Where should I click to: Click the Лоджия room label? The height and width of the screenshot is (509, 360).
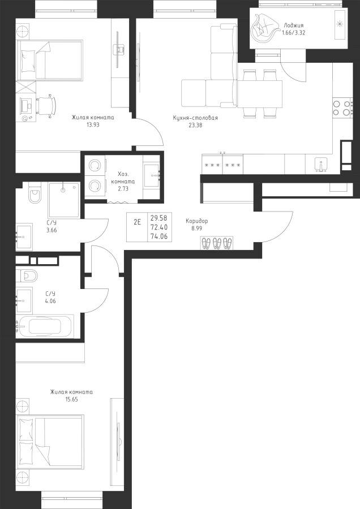pyautogui.click(x=293, y=25)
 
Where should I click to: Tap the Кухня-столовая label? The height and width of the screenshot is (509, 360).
pyautogui.click(x=195, y=118)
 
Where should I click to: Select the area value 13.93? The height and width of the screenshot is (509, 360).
pyautogui.click(x=93, y=124)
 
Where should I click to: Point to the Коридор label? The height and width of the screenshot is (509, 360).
pyautogui.click(x=196, y=221)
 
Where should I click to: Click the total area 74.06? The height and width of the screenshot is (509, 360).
pyautogui.click(x=159, y=236)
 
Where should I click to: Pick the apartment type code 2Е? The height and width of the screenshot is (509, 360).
pyautogui.click(x=138, y=222)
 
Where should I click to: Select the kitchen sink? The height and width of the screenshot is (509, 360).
pyautogui.click(x=321, y=164)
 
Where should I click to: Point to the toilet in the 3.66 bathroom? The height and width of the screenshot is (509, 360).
pyautogui.click(x=35, y=193)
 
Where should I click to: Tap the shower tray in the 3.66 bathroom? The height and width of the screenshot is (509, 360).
pyautogui.click(x=64, y=200)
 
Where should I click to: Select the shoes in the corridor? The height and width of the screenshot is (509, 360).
pyautogui.click(x=217, y=243)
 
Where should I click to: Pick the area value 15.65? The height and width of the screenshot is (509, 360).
pyautogui.click(x=71, y=399)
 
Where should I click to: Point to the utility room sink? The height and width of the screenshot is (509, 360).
pyautogui.click(x=152, y=175)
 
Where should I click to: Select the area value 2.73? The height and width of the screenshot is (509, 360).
pyautogui.click(x=123, y=188)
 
